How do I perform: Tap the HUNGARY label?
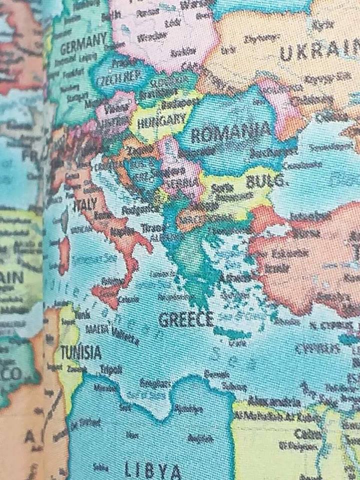click(x=161, y=120)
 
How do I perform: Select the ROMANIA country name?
click(x=230, y=133)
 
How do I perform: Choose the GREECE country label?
click(x=186, y=319)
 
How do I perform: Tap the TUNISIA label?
click(x=81, y=353)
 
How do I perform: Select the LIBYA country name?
click(x=152, y=470)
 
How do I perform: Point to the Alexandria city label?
click(x=275, y=402)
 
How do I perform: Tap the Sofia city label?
click(x=220, y=189)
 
